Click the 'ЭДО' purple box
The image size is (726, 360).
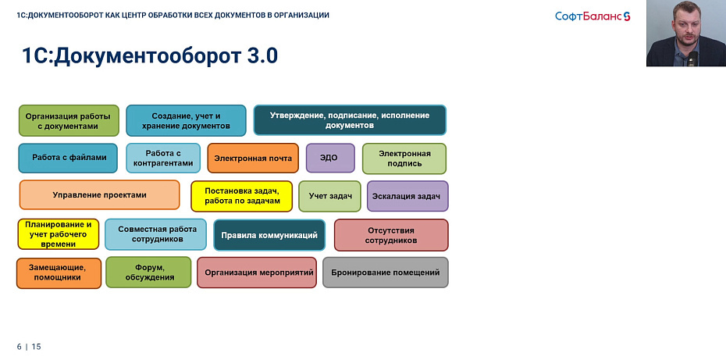coord(330,158)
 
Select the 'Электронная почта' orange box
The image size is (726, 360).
coord(254,158)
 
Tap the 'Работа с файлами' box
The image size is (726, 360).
coord(69,158)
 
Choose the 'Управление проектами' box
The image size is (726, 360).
coord(99,195)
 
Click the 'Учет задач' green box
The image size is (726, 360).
coord(330,196)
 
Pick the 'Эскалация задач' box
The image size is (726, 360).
coord(407,196)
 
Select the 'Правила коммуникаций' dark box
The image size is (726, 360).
coord(269,234)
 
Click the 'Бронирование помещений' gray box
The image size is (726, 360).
coord(386,273)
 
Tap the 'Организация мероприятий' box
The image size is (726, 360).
coord(258,273)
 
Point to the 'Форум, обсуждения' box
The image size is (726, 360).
coord(148,273)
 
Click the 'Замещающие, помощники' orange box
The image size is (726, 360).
coord(59,273)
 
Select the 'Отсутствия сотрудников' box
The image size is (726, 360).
coord(391,234)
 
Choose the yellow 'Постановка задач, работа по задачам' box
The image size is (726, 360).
coord(242,196)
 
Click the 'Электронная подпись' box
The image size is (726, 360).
coord(404,159)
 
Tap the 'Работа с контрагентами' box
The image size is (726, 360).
coord(162,159)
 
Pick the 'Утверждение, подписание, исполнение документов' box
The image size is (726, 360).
coord(350,119)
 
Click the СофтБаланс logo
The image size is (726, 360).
coord(593,16)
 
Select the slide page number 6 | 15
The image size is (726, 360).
coord(29,346)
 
